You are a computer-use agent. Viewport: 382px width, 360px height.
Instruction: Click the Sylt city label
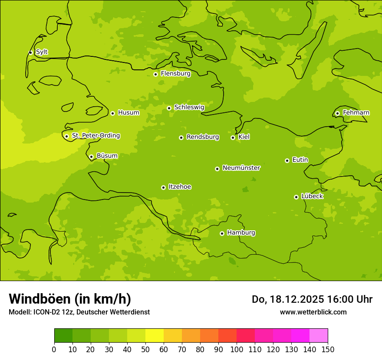[42, 52]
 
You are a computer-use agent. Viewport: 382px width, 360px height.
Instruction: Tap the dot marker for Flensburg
[155, 74]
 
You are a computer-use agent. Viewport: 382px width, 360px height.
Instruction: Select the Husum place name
[128, 113]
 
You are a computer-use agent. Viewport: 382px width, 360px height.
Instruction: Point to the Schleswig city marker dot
[169, 108]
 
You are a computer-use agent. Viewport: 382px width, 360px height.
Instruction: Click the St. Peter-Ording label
[96, 136]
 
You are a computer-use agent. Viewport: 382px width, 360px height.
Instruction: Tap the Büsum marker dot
[91, 157]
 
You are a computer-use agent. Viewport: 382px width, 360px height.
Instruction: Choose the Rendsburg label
[203, 137]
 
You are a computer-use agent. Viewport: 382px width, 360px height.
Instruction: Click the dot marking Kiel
[233, 137]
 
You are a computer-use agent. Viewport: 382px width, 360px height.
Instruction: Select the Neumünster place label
[241, 168]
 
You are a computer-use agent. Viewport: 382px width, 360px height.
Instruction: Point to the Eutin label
[300, 160]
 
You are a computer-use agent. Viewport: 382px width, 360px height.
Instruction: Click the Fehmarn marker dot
[337, 113]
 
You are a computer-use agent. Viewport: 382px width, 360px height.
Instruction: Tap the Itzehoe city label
[180, 187]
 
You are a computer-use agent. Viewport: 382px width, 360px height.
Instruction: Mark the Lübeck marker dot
[296, 197]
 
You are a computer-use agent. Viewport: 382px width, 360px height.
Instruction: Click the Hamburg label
[241, 233]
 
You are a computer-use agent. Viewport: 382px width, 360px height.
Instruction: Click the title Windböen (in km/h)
[70, 299]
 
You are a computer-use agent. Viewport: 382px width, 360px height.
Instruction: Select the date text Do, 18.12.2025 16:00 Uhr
[312, 299]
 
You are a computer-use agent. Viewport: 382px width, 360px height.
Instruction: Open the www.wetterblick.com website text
[313, 312]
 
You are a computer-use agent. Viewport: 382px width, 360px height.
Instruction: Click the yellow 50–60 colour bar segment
[155, 336]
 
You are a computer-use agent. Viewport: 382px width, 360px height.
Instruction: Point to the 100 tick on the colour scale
[237, 349]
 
